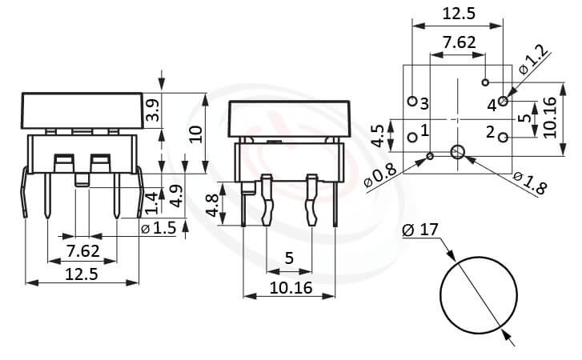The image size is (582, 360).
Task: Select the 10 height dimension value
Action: click(195, 133)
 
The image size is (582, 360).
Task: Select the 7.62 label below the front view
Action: click(82, 251)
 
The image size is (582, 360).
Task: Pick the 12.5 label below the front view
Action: click(82, 274)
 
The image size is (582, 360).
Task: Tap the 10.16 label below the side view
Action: click(289, 286)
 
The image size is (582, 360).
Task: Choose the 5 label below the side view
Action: click(289, 258)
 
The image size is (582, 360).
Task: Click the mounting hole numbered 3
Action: click(412, 102)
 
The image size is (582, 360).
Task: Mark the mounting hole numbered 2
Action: click(503, 138)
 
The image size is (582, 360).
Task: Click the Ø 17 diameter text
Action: click(421, 230)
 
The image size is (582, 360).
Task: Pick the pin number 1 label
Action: click(424, 130)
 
